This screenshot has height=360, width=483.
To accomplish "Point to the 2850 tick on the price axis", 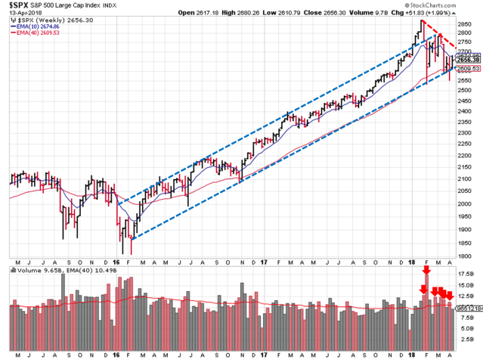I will coord(470,23).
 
